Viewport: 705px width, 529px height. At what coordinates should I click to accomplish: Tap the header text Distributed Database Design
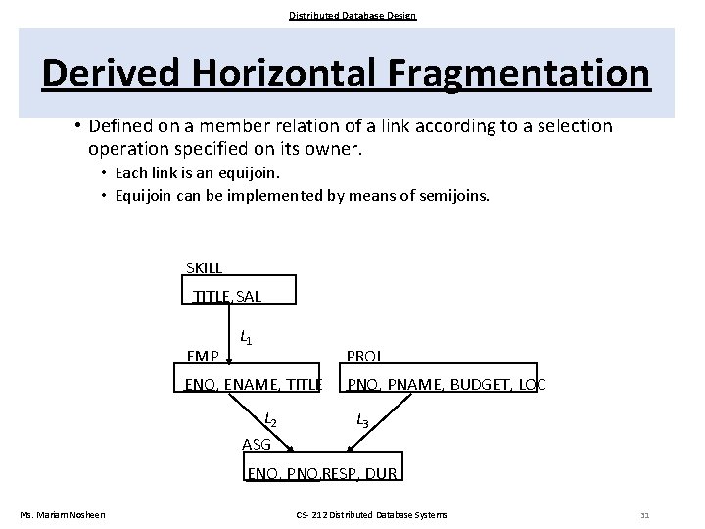[x=352, y=15]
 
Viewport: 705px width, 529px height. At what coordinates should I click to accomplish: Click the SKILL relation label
[x=204, y=267]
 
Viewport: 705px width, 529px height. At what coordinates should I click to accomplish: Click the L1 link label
[x=246, y=338]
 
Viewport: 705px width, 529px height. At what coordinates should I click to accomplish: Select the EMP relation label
[x=203, y=357]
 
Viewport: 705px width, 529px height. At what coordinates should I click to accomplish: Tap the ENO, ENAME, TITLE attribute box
[x=253, y=384]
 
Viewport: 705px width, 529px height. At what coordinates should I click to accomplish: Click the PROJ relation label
[x=364, y=357]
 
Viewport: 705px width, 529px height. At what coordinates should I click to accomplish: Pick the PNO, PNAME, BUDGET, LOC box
[x=446, y=384]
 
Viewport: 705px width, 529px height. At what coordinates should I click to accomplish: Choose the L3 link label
[x=362, y=420]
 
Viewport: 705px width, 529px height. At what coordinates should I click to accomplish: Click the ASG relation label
[x=257, y=445]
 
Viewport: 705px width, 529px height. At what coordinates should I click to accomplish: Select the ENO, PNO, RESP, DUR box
[x=322, y=473]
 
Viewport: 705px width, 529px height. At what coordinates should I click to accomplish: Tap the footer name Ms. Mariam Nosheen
[x=63, y=515]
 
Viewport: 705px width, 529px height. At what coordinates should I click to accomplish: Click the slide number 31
[x=644, y=515]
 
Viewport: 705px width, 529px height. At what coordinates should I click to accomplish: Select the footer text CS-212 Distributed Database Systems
[x=371, y=515]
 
